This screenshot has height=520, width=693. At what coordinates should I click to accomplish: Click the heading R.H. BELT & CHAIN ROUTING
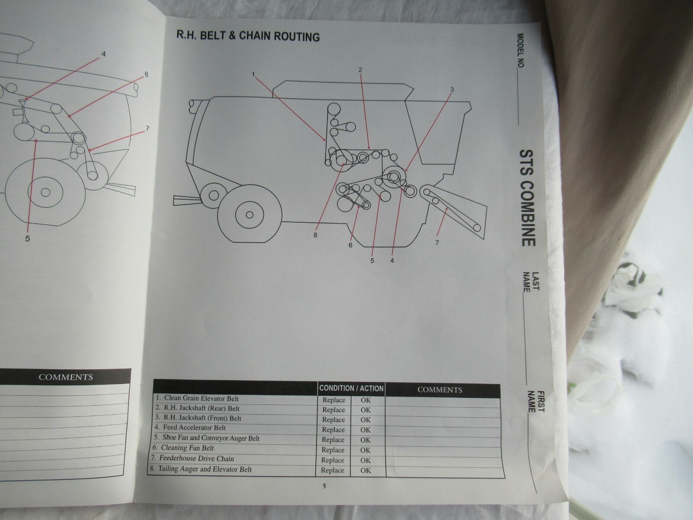[248, 36]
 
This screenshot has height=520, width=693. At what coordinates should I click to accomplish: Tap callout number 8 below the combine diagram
[315, 235]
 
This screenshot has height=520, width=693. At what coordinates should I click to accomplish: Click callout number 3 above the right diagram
[452, 90]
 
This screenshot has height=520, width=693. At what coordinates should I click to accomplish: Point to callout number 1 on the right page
[253, 75]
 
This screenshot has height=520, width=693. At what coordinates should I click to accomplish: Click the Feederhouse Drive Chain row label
[198, 458]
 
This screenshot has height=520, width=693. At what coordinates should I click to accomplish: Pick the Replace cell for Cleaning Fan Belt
[333, 450]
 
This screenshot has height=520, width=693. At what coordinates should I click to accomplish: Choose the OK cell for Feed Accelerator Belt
[366, 430]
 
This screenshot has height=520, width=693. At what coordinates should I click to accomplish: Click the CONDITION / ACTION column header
[351, 388]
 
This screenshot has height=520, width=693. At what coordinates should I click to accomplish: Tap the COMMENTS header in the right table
[440, 390]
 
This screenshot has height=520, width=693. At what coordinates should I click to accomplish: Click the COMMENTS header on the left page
[66, 377]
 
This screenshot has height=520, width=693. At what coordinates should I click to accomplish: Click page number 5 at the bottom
[324, 486]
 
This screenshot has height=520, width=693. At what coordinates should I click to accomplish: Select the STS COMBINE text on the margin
[528, 198]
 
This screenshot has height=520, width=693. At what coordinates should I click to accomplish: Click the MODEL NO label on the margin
[520, 51]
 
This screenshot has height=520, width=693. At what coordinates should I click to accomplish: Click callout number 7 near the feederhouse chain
[437, 243]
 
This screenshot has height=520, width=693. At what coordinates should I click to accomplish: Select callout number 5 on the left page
[27, 238]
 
